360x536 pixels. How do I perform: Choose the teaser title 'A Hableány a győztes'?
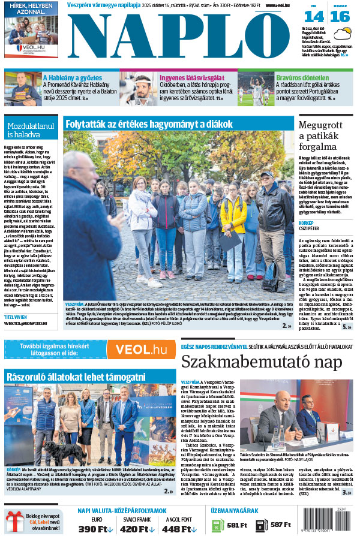click(x=73, y=77)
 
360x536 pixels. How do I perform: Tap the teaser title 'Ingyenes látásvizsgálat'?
click(x=192, y=77)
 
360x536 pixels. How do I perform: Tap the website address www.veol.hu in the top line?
click(x=275, y=5)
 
